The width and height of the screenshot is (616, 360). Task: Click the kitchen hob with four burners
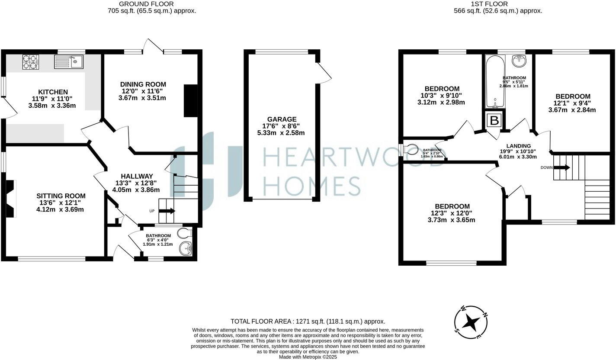(30, 62)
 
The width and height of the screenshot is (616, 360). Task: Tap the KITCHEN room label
(53, 92)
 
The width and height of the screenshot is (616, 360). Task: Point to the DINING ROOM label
(143, 84)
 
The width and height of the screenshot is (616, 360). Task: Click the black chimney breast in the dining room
(190, 101)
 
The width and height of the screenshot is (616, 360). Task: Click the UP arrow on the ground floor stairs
(167, 211)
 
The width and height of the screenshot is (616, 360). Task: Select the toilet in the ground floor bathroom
(185, 233)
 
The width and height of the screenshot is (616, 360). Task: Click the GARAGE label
(282, 119)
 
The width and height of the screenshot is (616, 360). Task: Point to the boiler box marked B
(494, 121)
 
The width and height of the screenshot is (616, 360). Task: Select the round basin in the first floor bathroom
(519, 61)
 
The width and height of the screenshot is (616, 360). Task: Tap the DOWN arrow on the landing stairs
(562, 167)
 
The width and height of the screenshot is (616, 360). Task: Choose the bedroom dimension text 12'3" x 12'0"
(452, 213)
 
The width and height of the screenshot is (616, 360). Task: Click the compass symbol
(471, 323)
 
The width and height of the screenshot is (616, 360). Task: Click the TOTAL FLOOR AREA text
(308, 321)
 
